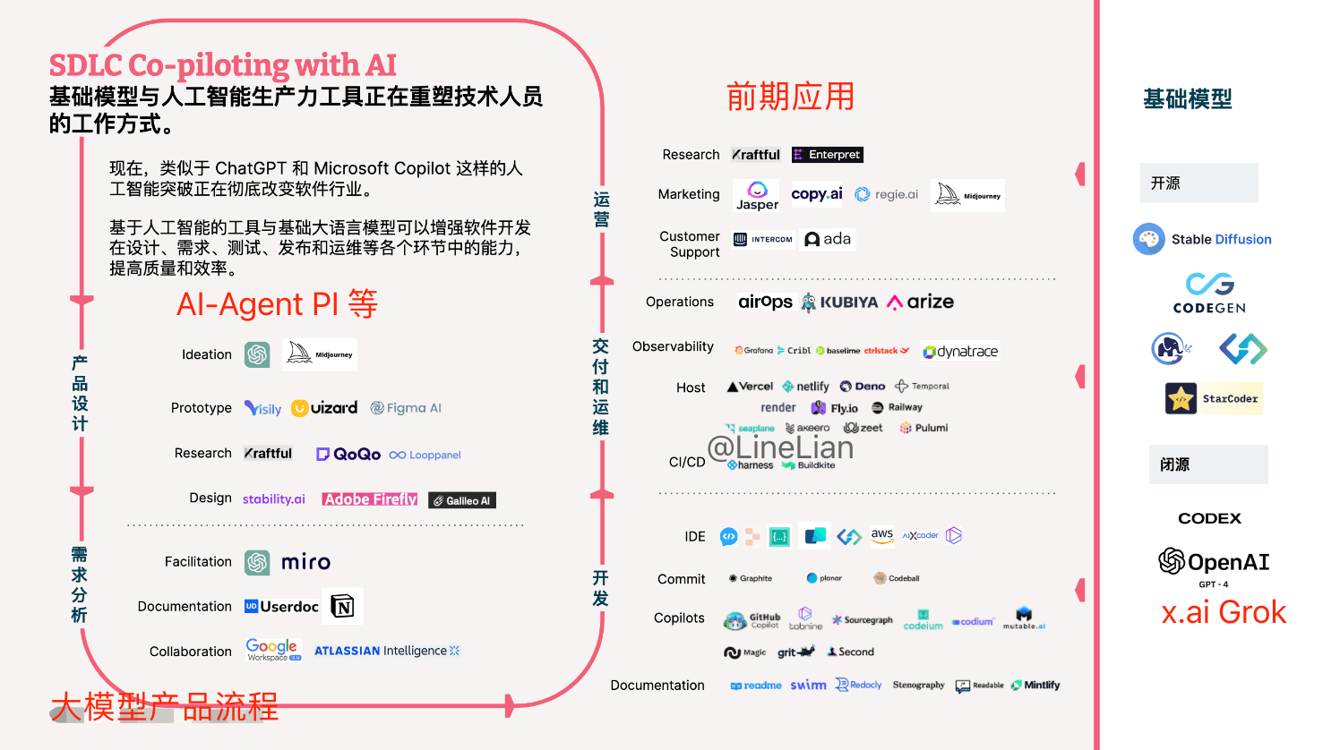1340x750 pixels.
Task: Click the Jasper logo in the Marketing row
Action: tap(757, 195)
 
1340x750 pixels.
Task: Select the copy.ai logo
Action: tap(816, 194)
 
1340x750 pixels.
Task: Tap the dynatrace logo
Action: tap(960, 352)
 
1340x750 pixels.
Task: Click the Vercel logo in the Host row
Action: tap(751, 387)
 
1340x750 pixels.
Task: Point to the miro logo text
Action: tap(305, 562)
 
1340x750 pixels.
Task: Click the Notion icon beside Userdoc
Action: tap(343, 607)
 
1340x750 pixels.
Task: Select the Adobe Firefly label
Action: tap(370, 499)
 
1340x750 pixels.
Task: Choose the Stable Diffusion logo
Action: tap(1202, 239)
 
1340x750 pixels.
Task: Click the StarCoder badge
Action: tap(1214, 398)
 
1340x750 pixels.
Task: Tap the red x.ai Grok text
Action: tap(1224, 612)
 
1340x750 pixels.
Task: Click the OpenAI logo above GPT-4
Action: tap(1214, 562)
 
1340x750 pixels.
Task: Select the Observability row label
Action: tap(673, 346)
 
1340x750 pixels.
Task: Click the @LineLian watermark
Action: tap(780, 447)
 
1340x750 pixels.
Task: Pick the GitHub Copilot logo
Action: tap(753, 619)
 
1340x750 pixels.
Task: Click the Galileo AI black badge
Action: tap(462, 500)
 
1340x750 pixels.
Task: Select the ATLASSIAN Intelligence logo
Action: tap(386, 651)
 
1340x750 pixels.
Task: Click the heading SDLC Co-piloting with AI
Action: tap(222, 65)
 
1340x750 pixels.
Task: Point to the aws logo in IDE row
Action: tap(882, 535)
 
